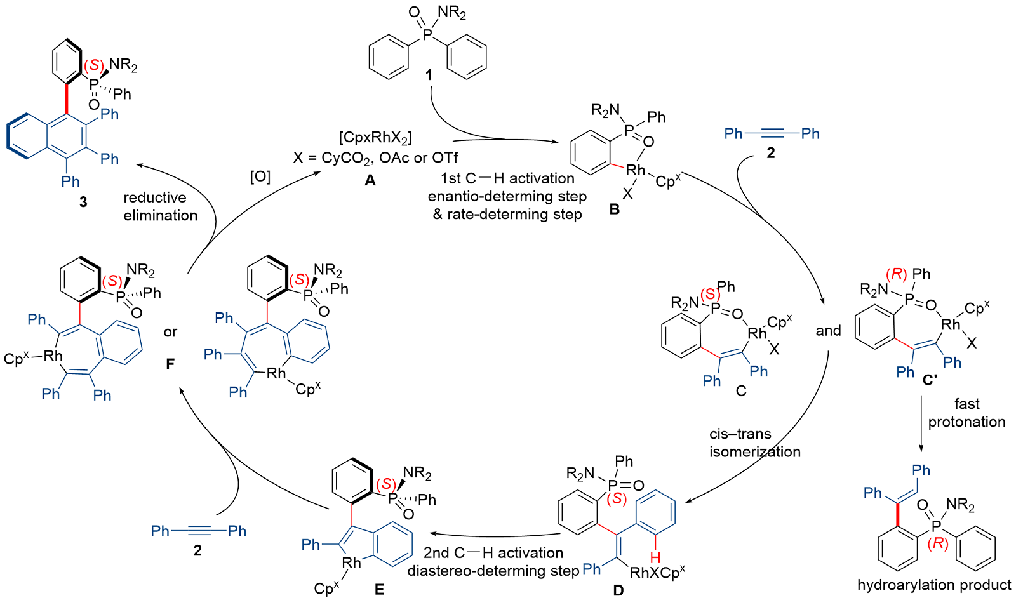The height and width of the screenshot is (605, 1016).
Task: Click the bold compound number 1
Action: pyautogui.click(x=429, y=76)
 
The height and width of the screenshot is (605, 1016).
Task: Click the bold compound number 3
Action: pyautogui.click(x=83, y=202)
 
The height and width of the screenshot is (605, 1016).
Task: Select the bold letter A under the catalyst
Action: pyautogui.click(x=370, y=181)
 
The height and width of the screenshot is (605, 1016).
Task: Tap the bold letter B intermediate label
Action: pyautogui.click(x=614, y=209)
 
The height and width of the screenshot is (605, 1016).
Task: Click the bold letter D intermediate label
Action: pyautogui.click(x=618, y=590)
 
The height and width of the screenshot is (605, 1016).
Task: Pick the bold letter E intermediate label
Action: pyautogui.click(x=379, y=590)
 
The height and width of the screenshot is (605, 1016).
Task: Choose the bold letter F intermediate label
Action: pyautogui.click(x=170, y=364)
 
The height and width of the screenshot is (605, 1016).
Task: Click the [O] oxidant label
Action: pyautogui.click(x=260, y=176)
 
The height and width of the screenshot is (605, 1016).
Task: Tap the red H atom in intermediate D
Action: pyautogui.click(x=655, y=557)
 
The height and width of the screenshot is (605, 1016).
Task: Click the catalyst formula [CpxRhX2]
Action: pyautogui.click(x=375, y=138)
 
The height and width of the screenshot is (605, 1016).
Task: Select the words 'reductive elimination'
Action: pyautogui.click(x=160, y=206)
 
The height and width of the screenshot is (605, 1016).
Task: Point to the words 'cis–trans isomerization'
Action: pyautogui.click(x=754, y=442)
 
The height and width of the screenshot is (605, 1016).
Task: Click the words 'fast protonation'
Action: pyautogui.click(x=966, y=413)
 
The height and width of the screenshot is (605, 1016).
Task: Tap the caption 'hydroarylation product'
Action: pyautogui.click(x=934, y=585)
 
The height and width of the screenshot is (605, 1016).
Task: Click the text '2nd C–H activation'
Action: pyautogui.click(x=493, y=553)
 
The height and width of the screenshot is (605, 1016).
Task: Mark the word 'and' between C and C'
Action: pyautogui.click(x=828, y=331)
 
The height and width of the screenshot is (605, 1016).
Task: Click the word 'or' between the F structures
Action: pyautogui.click(x=170, y=332)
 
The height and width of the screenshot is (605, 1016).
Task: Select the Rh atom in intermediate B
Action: pyautogui.click(x=636, y=170)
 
